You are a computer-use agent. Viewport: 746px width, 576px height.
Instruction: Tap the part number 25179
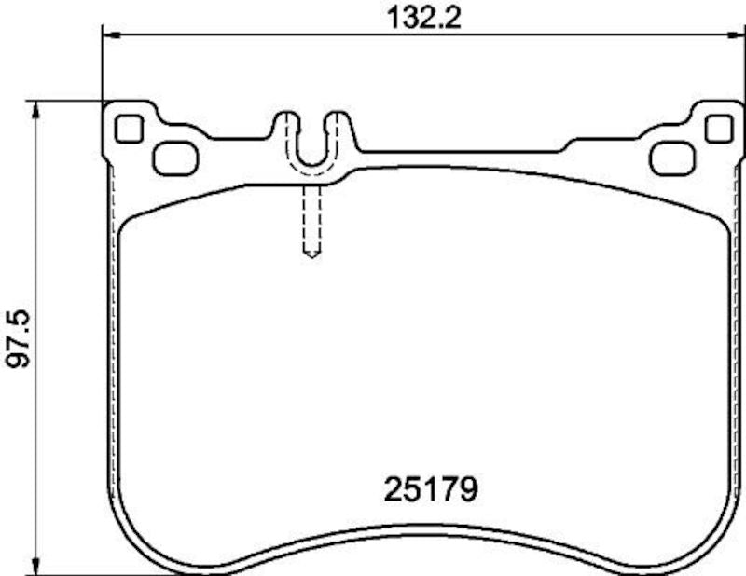point(431,488)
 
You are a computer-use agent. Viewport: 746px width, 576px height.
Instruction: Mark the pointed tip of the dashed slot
point(312,254)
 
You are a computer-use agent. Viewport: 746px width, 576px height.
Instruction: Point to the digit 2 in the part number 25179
point(394,488)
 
